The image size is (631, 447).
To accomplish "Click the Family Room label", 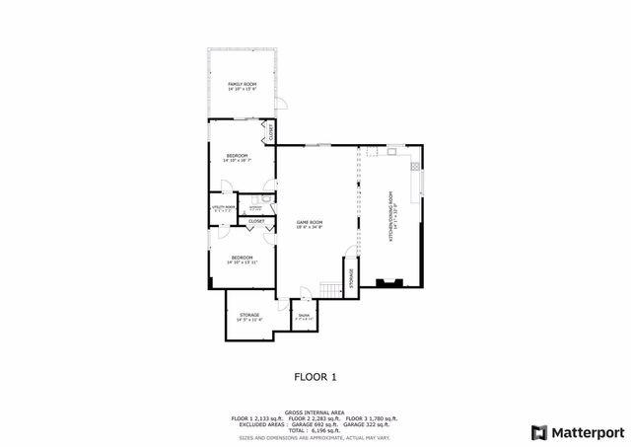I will [242, 86].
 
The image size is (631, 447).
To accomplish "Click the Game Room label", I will [311, 224].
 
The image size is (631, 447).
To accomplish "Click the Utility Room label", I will [223, 208].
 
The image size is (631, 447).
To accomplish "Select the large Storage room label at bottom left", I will [248, 316].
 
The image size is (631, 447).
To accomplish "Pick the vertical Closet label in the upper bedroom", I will [270, 131].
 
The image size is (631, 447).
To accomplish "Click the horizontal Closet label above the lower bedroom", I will [256, 221].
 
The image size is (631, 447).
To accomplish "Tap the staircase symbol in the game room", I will [329, 289].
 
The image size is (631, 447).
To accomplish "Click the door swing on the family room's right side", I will [280, 103].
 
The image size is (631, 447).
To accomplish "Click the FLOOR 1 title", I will [315, 376].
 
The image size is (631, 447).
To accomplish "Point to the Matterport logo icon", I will [537, 431].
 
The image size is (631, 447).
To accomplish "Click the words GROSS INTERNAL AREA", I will [315, 411].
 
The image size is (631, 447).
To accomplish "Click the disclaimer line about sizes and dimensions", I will [315, 437].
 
